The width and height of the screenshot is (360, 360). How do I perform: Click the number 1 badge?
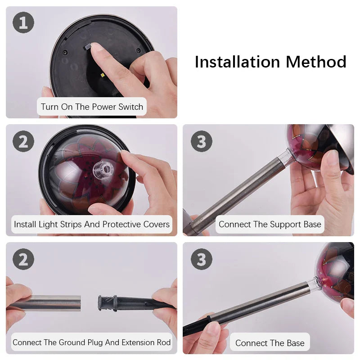[x=23, y=22]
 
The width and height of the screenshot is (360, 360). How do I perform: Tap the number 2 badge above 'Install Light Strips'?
[x=23, y=141]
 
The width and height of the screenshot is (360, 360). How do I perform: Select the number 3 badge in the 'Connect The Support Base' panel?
[x=202, y=141]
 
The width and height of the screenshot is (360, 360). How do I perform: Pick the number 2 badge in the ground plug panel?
[x=23, y=259]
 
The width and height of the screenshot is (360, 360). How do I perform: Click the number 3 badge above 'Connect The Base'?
[x=202, y=259]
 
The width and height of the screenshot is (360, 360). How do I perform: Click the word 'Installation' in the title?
[x=237, y=62]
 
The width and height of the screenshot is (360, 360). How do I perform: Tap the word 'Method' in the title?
[x=316, y=62]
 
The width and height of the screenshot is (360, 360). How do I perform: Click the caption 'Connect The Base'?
[x=270, y=343]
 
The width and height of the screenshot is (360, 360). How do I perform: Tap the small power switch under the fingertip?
[x=88, y=47]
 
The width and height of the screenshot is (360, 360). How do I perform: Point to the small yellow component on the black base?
[x=102, y=75]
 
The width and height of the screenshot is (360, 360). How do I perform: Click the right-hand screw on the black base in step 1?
[x=139, y=50]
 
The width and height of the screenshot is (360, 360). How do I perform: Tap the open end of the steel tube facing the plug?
[x=80, y=303]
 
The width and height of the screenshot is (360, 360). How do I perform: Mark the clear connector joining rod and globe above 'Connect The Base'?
[x=313, y=285]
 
